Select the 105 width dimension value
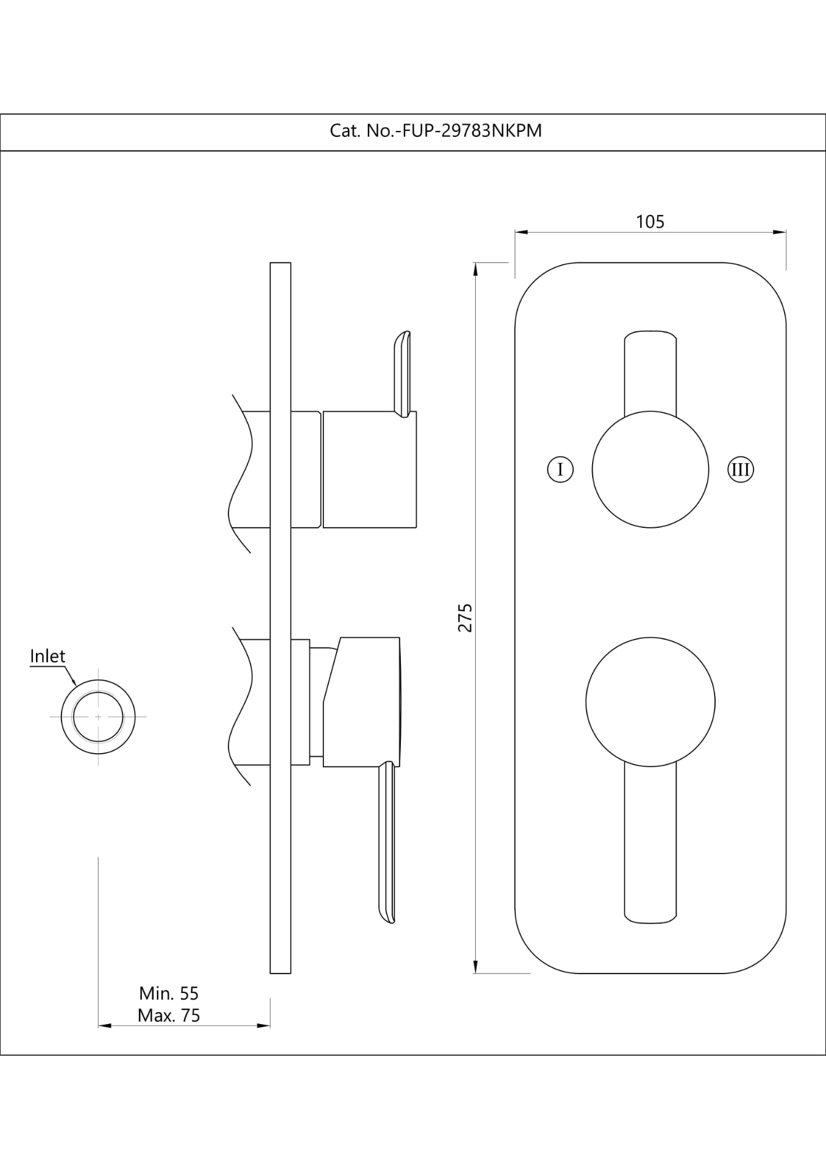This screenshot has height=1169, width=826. (x=650, y=222)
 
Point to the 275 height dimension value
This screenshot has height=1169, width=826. (x=465, y=617)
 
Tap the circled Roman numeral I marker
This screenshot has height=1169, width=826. (x=560, y=469)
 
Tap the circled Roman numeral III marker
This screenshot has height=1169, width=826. (x=741, y=469)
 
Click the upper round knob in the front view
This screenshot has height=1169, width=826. (x=651, y=469)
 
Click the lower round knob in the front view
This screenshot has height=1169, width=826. (x=651, y=702)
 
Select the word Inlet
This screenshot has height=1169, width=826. (x=48, y=656)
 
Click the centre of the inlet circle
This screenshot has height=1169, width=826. (x=98, y=717)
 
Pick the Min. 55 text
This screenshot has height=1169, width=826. (x=169, y=993)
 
